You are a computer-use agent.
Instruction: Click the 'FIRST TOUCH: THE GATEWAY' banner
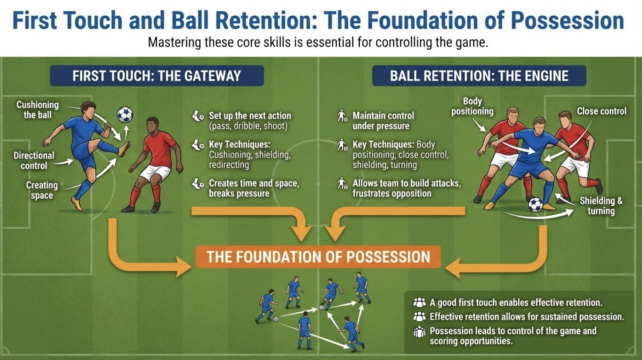[157, 76]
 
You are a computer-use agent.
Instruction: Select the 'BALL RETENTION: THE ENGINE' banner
[479, 76]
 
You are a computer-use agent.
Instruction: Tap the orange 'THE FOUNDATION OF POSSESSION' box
[318, 257]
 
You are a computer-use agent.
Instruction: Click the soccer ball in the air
[125, 115]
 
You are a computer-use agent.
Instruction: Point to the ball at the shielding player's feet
[535, 204]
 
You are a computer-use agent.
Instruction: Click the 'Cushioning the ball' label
[37, 110]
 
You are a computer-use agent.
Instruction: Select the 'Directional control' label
[34, 160]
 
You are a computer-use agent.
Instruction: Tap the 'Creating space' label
[42, 190]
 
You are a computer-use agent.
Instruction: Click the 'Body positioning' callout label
[472, 106]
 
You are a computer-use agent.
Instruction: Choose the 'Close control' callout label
[601, 111]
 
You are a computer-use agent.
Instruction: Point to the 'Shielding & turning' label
[601, 206]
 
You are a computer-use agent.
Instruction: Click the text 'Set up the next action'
[250, 116]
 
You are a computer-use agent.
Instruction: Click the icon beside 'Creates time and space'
[198, 184]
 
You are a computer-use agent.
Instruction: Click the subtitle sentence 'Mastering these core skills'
[318, 43]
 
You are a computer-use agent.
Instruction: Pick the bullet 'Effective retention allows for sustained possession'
[527, 317]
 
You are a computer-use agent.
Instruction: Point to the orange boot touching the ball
[124, 149]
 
